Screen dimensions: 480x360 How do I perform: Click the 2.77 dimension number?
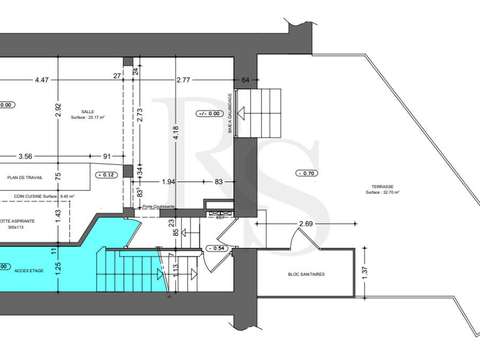[x=183, y=78]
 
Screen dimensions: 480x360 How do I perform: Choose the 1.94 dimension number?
[x=169, y=181]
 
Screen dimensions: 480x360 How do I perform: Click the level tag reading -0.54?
[x=216, y=247]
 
